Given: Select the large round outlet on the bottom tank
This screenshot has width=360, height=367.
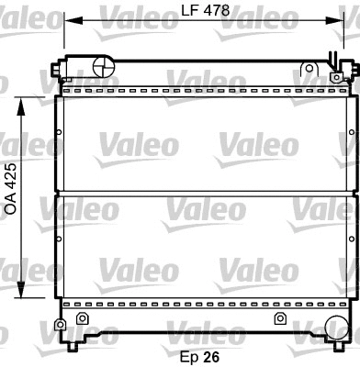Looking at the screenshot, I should [x=334, y=327].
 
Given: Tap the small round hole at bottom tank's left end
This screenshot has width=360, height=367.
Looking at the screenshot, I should [x=61, y=324].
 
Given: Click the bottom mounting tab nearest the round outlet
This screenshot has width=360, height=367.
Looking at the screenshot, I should [x=279, y=318].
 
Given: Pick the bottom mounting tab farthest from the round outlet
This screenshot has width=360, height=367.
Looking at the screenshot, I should [x=82, y=318].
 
